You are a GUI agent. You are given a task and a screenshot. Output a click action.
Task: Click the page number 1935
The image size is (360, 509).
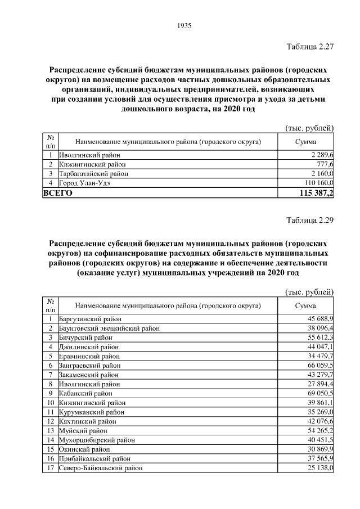click(x=184, y=25)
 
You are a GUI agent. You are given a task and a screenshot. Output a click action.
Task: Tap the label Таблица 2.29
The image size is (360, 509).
click(x=310, y=220)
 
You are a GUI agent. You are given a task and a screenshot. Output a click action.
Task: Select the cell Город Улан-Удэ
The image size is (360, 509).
click(x=86, y=183)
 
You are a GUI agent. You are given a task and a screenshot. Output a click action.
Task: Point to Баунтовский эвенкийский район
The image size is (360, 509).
click(x=105, y=328)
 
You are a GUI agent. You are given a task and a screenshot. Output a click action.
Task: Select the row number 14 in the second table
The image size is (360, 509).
click(x=50, y=440)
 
